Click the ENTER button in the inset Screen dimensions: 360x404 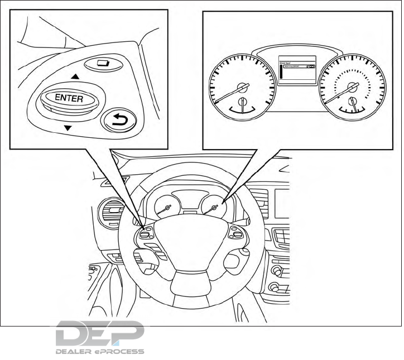69,99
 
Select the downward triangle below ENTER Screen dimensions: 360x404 68,128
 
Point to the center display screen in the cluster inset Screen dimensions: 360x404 297,70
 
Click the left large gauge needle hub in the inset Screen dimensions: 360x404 242,87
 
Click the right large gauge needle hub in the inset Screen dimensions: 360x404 352,87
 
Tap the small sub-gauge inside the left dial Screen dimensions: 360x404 242,103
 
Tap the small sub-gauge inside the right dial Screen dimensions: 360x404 352,103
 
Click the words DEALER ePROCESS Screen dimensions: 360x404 99,352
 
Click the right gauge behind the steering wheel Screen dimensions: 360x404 214,209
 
